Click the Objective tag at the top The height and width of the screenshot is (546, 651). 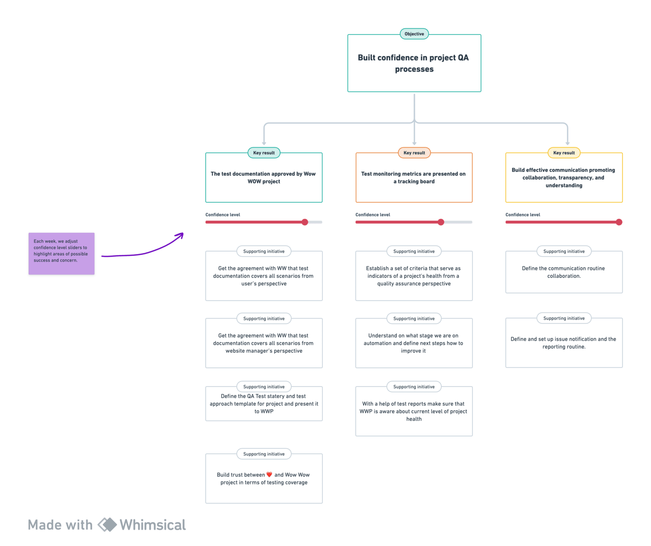[414, 34]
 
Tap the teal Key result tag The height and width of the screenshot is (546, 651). [264, 153]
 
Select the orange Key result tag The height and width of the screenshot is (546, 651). [414, 153]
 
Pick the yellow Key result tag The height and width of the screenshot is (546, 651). [564, 153]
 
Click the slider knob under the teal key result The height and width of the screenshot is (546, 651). [305, 222]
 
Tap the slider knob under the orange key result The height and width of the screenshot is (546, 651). [441, 222]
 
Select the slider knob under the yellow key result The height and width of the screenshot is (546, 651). [619, 222]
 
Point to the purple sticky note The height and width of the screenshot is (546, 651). [61, 254]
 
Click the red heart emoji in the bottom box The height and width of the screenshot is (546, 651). [269, 474]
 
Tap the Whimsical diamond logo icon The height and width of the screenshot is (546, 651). [107, 525]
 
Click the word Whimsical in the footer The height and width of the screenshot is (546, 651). [153, 525]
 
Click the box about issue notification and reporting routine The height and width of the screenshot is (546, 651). [564, 343]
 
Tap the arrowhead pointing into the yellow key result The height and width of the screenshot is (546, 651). [567, 143]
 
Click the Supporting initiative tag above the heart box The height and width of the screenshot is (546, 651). [264, 454]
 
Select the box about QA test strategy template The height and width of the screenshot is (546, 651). [264, 404]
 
